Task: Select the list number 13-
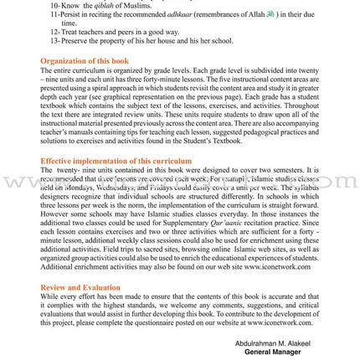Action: click(x=54, y=38)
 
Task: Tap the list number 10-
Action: click(x=54, y=4)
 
